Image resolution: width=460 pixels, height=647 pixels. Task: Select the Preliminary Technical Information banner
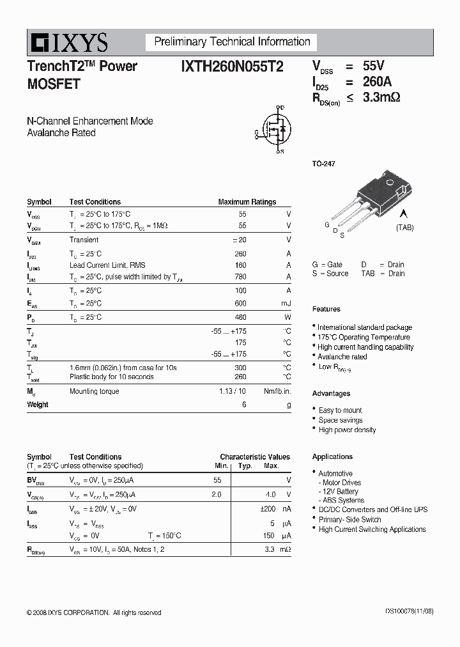click(232, 42)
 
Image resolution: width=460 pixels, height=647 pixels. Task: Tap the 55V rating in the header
click(374, 66)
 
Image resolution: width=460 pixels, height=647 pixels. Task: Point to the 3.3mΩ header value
click(381, 98)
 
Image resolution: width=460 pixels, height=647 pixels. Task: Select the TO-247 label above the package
click(323, 164)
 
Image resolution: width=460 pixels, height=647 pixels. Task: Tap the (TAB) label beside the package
click(404, 228)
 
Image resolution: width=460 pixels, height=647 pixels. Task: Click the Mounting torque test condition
click(94, 391)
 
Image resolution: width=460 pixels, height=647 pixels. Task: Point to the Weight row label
click(38, 405)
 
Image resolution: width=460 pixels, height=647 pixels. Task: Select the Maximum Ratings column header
click(247, 202)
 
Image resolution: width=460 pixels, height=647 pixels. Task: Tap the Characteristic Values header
click(255, 456)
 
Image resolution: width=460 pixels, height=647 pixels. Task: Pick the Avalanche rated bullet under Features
click(342, 357)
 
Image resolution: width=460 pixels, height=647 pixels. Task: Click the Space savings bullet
click(341, 420)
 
